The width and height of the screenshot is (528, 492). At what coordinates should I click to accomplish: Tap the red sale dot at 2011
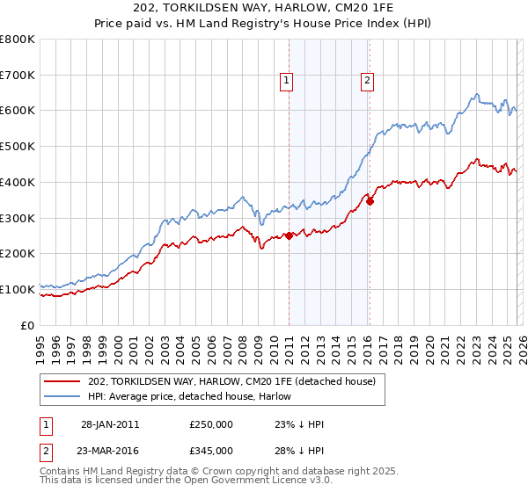(x=290, y=235)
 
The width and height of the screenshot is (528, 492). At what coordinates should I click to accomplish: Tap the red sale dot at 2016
(x=370, y=201)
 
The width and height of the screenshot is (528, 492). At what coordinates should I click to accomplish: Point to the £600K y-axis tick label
(x=18, y=111)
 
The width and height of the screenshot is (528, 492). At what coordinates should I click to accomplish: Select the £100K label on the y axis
(x=18, y=289)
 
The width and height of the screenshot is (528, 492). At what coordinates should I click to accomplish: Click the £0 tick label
(x=27, y=325)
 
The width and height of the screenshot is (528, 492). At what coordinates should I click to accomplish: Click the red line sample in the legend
(x=63, y=381)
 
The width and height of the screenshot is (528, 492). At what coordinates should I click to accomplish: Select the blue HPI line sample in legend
(x=63, y=397)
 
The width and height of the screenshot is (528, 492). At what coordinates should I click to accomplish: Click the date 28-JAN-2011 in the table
(x=110, y=424)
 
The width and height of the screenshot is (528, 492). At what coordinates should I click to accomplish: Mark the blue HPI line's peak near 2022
(x=476, y=94)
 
